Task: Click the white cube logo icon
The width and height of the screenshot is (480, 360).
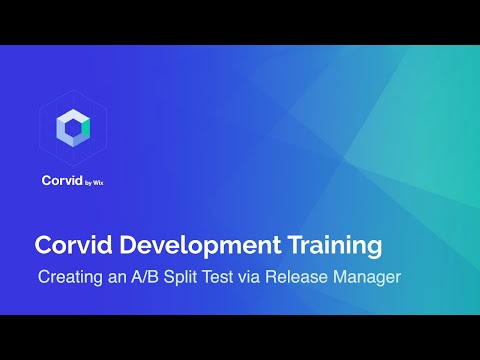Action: click(x=73, y=129)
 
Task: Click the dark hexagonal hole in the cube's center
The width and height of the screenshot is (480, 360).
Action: click(x=73, y=128)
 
